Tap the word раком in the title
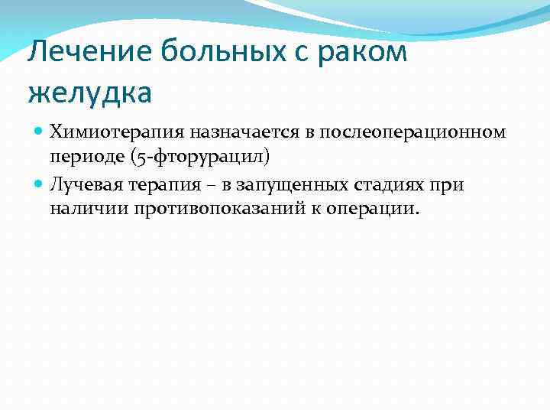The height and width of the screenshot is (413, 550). (363, 54)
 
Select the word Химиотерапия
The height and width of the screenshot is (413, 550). (105, 132)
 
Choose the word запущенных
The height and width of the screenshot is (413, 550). (283, 184)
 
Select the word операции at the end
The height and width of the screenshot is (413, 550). (376, 210)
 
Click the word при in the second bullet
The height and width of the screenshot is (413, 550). (449, 184)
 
